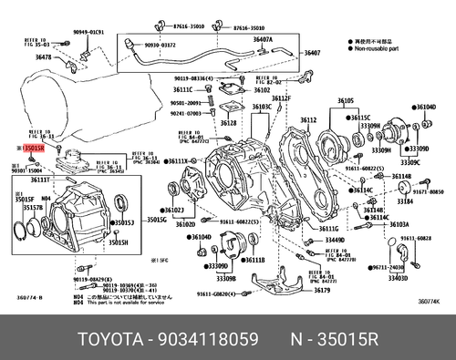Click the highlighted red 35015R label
36,145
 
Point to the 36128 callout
228,122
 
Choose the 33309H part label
380,150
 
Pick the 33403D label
399,279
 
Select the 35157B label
33,208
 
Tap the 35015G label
156,221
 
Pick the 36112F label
280,98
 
